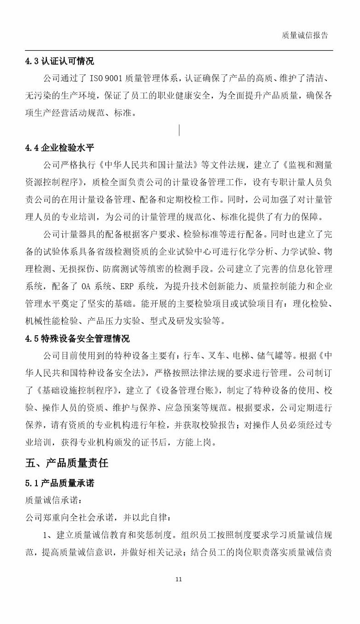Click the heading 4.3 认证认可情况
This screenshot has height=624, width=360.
[60, 61]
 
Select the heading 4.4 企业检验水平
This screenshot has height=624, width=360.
[60, 148]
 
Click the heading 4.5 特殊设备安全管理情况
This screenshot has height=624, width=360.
[77, 339]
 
